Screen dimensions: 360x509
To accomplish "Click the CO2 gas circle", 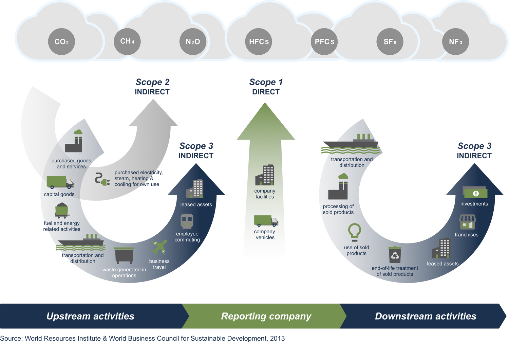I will tap(61, 42).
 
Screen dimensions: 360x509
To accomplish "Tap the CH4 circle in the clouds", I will tap(127, 41).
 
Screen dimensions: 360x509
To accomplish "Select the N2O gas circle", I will tap(193, 42).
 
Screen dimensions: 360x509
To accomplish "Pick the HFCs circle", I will tap(259, 42).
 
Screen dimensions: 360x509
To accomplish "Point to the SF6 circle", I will tap(390, 42).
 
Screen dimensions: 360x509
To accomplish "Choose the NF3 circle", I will tap(455, 42).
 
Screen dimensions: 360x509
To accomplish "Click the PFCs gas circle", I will tap(324, 42).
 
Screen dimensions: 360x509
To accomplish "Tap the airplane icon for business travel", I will tap(159, 247).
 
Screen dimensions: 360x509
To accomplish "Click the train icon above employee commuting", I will tap(187, 221).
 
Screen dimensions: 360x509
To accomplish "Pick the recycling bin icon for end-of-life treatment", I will tap(395, 255).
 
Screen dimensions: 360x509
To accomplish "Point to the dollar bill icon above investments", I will tap(475, 193).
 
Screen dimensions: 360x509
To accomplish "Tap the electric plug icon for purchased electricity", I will tap(102, 179).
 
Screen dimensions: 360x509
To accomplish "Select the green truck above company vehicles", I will tap(266, 221).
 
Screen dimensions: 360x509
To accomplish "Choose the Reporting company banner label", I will tap(266, 316).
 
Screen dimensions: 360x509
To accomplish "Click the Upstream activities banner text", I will tap(90, 316).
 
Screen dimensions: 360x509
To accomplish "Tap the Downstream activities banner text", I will tap(426, 316).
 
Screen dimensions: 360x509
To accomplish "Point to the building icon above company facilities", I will tap(265, 175).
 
